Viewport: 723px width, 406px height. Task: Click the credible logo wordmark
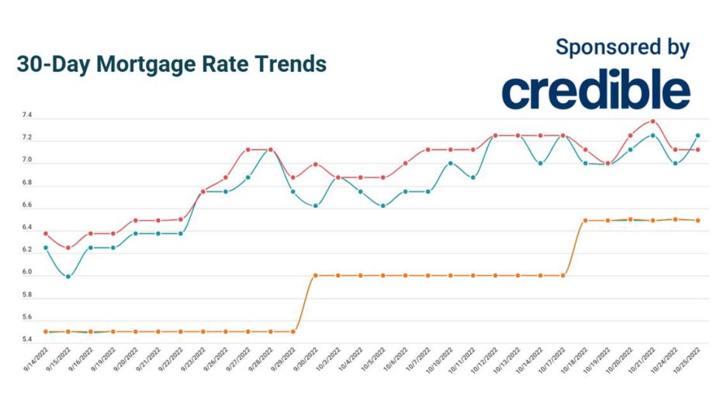(596, 91)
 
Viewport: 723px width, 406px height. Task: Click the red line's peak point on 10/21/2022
(652, 121)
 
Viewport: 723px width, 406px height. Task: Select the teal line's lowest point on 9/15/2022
(68, 276)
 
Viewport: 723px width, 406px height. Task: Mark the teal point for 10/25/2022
(697, 136)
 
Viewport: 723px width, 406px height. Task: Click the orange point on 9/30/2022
(315, 276)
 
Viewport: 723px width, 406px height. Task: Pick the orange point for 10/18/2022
(585, 220)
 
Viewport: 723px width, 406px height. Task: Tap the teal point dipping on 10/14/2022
(540, 163)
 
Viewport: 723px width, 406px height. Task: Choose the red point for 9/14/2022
(46, 233)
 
